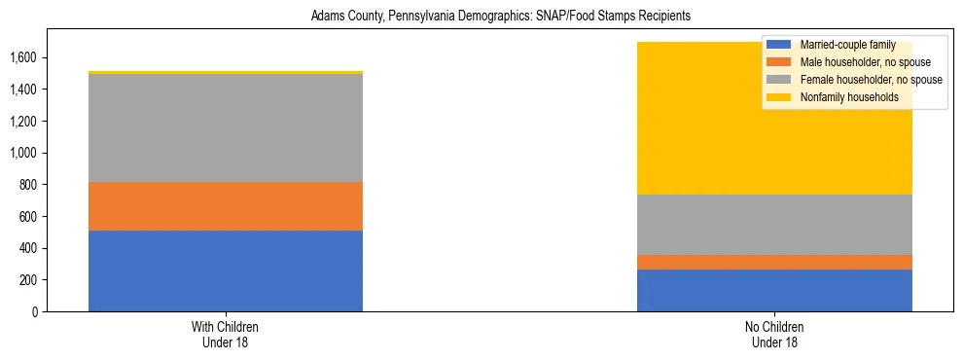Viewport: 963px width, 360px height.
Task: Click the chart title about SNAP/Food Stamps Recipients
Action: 500,17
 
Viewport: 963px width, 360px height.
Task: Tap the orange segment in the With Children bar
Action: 226,206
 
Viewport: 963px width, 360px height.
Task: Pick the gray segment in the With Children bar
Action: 226,127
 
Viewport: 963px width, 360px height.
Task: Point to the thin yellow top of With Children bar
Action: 226,72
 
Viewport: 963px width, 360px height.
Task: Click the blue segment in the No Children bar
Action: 774,290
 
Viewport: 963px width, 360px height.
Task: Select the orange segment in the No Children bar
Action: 774,262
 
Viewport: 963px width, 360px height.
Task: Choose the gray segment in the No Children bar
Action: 774,225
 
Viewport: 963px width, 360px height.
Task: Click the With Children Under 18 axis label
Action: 226,334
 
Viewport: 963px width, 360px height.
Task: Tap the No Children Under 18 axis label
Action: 774,334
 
